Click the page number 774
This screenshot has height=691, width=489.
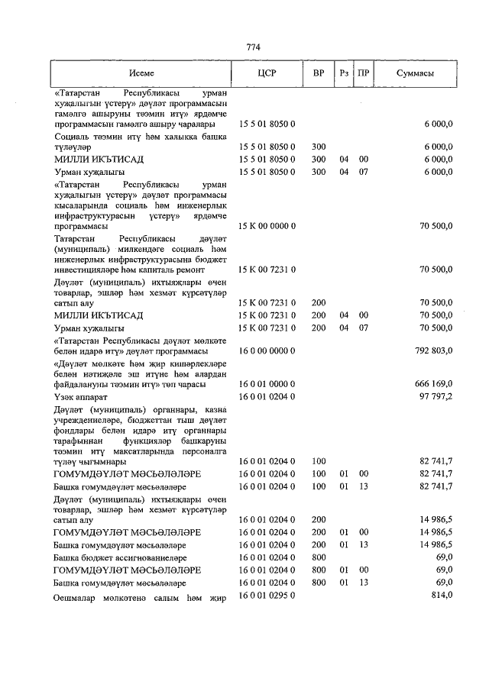pos(254,47)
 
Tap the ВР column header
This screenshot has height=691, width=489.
pos(318,73)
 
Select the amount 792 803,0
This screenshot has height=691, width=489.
pos(431,350)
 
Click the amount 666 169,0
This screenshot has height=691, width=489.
pos(431,383)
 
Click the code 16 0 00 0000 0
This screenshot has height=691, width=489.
pos(267,350)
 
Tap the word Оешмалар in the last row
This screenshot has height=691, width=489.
pos(77,597)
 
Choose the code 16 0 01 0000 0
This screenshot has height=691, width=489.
pos(267,383)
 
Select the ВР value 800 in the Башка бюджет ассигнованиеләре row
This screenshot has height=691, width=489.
pos(319,557)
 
